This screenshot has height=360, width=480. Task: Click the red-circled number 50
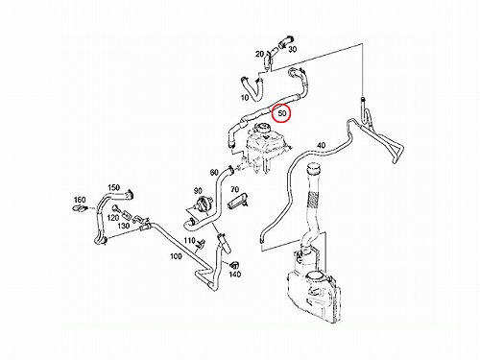tap(282, 113)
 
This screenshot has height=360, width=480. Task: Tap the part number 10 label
tap(245, 98)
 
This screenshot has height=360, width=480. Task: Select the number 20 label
tap(259, 54)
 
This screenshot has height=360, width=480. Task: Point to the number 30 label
tap(293, 49)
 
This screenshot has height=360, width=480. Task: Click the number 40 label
tap(321, 145)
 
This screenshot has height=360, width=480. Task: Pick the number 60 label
tap(214, 173)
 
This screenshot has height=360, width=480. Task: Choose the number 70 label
tap(235, 190)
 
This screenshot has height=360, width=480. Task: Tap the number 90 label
tap(198, 191)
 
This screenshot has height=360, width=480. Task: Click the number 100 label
tap(176, 256)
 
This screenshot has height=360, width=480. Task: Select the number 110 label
tap(189, 240)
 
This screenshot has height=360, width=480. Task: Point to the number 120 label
tap(113, 218)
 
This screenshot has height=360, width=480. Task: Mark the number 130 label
tap(123, 226)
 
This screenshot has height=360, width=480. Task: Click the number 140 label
tap(235, 275)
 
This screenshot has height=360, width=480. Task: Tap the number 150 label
tap(113, 187)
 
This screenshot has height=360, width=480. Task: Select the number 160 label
tap(80, 200)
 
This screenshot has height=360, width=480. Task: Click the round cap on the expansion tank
tap(262, 128)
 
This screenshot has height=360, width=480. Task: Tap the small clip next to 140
tap(235, 264)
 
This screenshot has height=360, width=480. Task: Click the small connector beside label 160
tap(80, 208)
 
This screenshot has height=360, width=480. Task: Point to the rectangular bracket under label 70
tap(238, 202)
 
